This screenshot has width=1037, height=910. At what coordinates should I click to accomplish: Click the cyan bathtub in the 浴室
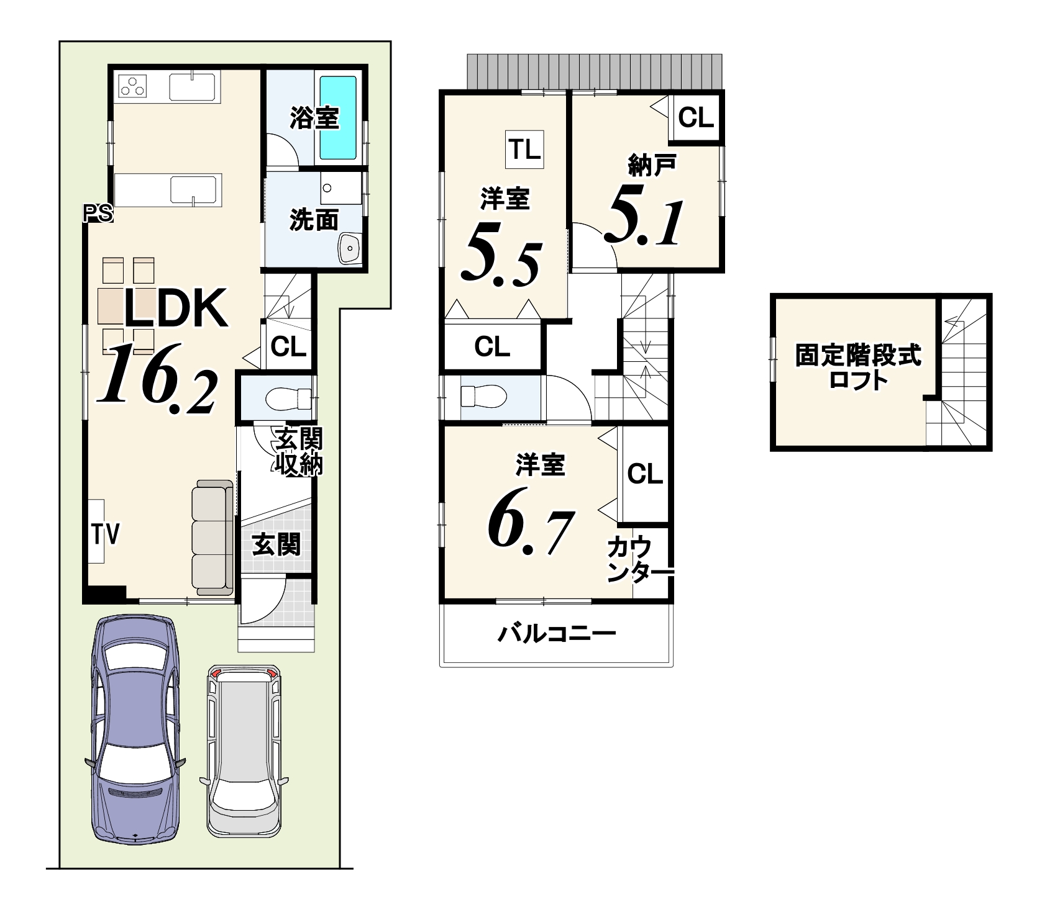pyautogui.click(x=338, y=117)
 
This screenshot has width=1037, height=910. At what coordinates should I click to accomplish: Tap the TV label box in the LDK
pyautogui.click(x=96, y=531)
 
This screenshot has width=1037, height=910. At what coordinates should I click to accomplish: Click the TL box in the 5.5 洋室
pyautogui.click(x=525, y=150)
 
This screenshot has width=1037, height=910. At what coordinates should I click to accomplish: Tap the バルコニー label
pyautogui.click(x=557, y=634)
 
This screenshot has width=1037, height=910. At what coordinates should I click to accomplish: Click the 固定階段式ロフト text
pyautogui.click(x=859, y=367)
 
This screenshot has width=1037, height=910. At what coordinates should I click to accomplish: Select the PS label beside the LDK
pyautogui.click(x=98, y=214)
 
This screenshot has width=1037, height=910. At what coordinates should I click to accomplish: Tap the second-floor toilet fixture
pyautogui.click(x=484, y=395)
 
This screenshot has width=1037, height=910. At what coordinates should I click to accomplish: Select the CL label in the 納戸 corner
pyautogui.click(x=696, y=117)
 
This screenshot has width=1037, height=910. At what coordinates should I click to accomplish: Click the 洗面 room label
pyautogui.click(x=314, y=220)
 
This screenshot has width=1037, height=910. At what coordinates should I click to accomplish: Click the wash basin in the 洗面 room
pyautogui.click(x=350, y=250)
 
